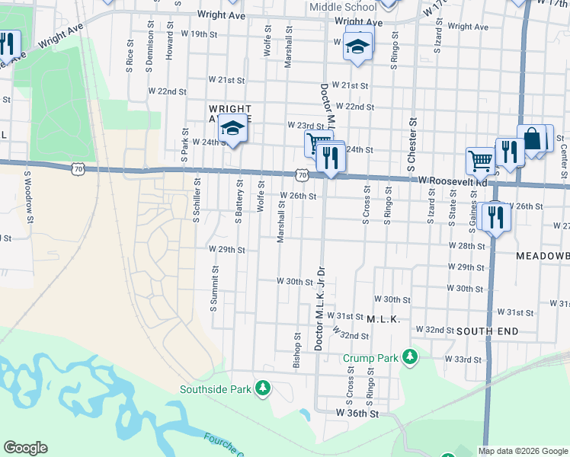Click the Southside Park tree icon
[262, 389]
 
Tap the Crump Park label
[371, 357]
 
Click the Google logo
[25, 448]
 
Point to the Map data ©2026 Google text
[522, 451]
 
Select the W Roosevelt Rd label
[453, 182]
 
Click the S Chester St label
[411, 144]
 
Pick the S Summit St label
[213, 292]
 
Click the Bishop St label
[297, 350]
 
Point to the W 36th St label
[357, 412]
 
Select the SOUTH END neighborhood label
[488, 331]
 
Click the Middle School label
[343, 7]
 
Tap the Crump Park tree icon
[410, 356]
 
